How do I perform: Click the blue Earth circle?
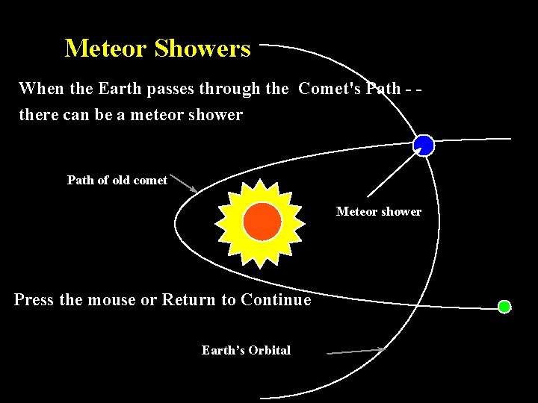[424, 145]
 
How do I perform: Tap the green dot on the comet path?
[504, 307]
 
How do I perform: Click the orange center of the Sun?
[262, 222]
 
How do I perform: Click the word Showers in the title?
[202, 49]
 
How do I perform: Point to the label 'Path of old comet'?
[117, 180]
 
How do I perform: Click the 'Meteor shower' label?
[378, 211]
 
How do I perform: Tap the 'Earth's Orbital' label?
[246, 350]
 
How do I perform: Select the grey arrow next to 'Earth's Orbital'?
[357, 350]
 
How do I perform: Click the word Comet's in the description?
[330, 89]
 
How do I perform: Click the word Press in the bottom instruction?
[34, 300]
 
